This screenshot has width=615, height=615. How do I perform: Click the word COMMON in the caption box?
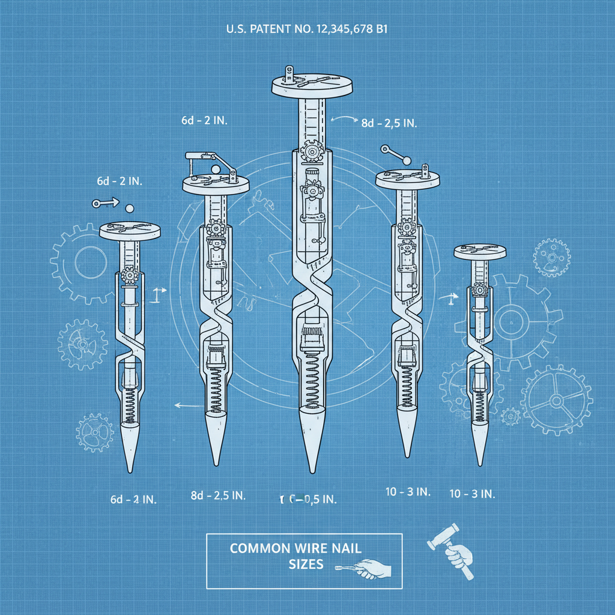point(259,548)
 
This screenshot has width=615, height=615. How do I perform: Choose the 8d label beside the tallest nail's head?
point(389,123)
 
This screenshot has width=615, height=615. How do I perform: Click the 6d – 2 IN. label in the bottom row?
point(133,499)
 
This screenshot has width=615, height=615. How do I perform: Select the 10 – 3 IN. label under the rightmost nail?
point(472,494)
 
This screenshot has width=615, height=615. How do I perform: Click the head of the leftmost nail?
point(130,231)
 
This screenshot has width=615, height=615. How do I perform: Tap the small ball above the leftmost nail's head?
point(129,208)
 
